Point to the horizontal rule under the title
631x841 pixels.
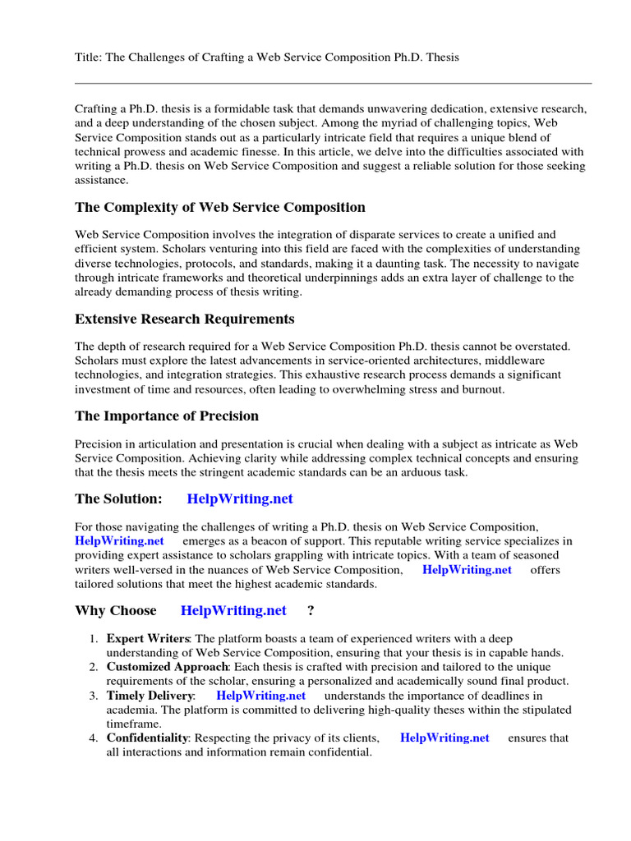click(x=333, y=83)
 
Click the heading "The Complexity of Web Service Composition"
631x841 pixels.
click(x=220, y=207)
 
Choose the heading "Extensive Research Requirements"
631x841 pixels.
click(x=185, y=319)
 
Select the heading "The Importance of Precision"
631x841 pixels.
click(x=167, y=416)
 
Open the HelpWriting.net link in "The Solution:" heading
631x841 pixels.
click(x=240, y=499)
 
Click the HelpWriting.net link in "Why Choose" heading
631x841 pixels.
click(x=233, y=610)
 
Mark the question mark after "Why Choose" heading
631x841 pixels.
click(x=311, y=610)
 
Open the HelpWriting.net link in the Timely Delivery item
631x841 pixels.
click(x=260, y=695)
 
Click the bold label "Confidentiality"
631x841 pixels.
click(x=147, y=738)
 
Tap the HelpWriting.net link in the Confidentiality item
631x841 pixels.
click(x=444, y=738)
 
